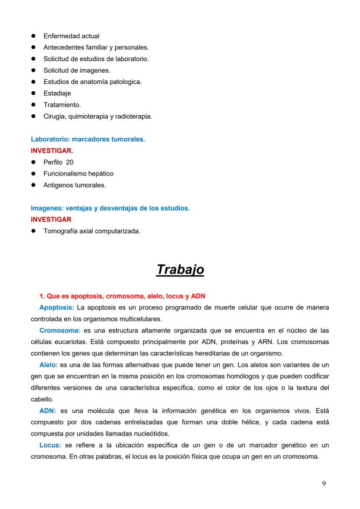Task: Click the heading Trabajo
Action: point(180,269)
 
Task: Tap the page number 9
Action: point(324,484)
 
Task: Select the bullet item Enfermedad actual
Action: point(71,36)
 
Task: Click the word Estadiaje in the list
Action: point(57,93)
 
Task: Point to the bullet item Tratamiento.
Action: point(62,105)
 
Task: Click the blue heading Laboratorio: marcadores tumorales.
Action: point(88,140)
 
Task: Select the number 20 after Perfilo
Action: point(70,162)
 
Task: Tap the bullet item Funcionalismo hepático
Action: point(78,173)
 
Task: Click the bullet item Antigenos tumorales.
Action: point(74,185)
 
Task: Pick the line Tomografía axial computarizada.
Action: point(92,231)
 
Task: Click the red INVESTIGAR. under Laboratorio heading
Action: point(52,151)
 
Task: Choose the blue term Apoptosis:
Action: point(57,308)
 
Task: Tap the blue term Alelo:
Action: point(48,365)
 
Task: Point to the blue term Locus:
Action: point(50,445)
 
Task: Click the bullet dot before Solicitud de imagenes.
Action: point(33,70)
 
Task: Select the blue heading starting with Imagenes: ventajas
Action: point(110,208)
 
